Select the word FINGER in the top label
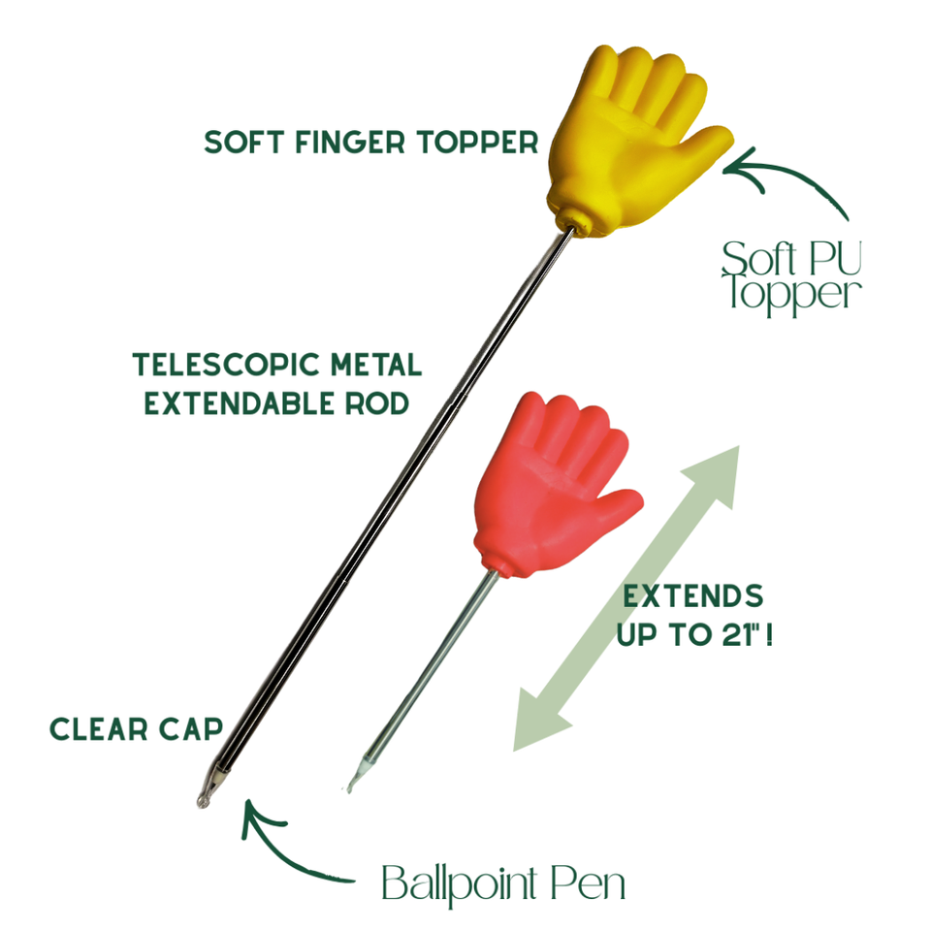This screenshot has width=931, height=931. click(350, 143)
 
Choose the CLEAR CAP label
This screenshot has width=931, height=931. click(136, 729)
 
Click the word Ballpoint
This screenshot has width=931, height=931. click(460, 883)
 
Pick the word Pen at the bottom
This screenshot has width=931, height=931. click(588, 883)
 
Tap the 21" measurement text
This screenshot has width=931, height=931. click(742, 634)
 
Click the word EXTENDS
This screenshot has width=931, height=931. click(692, 596)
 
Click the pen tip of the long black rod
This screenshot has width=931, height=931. click(203, 802)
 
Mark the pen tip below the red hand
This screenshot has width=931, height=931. click(350, 787)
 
